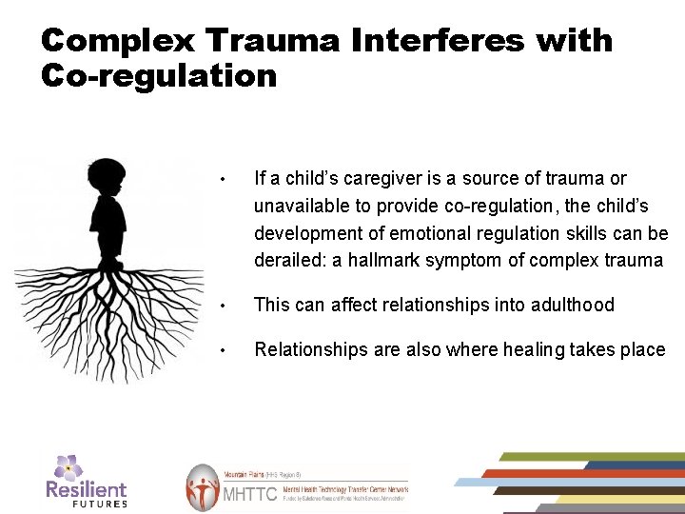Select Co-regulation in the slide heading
(159, 75)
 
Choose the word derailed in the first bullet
(289, 261)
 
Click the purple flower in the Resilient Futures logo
(68, 466)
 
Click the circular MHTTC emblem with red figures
(202, 488)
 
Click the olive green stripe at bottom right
(590, 456)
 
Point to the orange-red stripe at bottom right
(571, 473)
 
